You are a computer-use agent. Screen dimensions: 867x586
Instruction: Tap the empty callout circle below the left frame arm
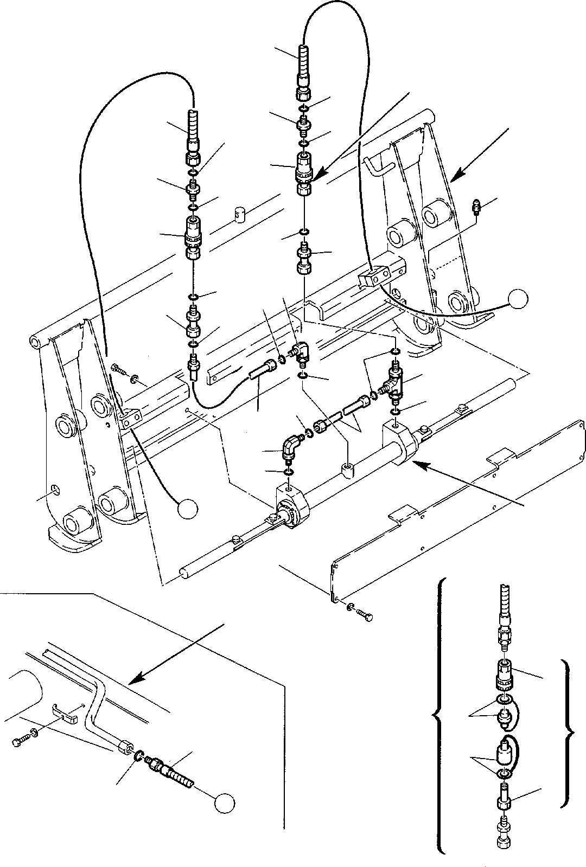tap(188, 508)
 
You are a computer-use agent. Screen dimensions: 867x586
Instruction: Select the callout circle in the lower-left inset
tap(224, 803)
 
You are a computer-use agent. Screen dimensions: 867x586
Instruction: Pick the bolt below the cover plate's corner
tap(364, 614)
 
